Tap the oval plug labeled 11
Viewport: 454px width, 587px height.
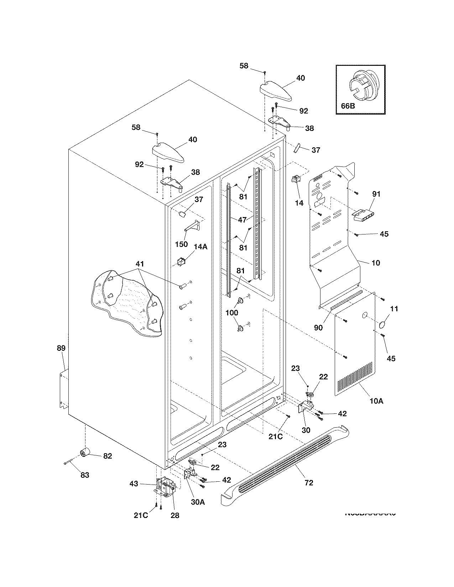click(x=383, y=324)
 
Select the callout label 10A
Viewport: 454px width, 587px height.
click(x=376, y=401)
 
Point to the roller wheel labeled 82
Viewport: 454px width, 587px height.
click(x=85, y=453)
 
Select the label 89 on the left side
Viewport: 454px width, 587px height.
click(x=61, y=348)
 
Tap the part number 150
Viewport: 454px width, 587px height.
click(x=182, y=244)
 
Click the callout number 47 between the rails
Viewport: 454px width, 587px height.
click(x=242, y=220)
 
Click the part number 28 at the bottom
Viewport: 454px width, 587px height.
click(x=175, y=515)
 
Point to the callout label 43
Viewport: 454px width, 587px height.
click(x=134, y=483)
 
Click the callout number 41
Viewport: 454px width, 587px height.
click(x=140, y=264)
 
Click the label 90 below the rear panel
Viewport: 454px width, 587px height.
click(x=318, y=327)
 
